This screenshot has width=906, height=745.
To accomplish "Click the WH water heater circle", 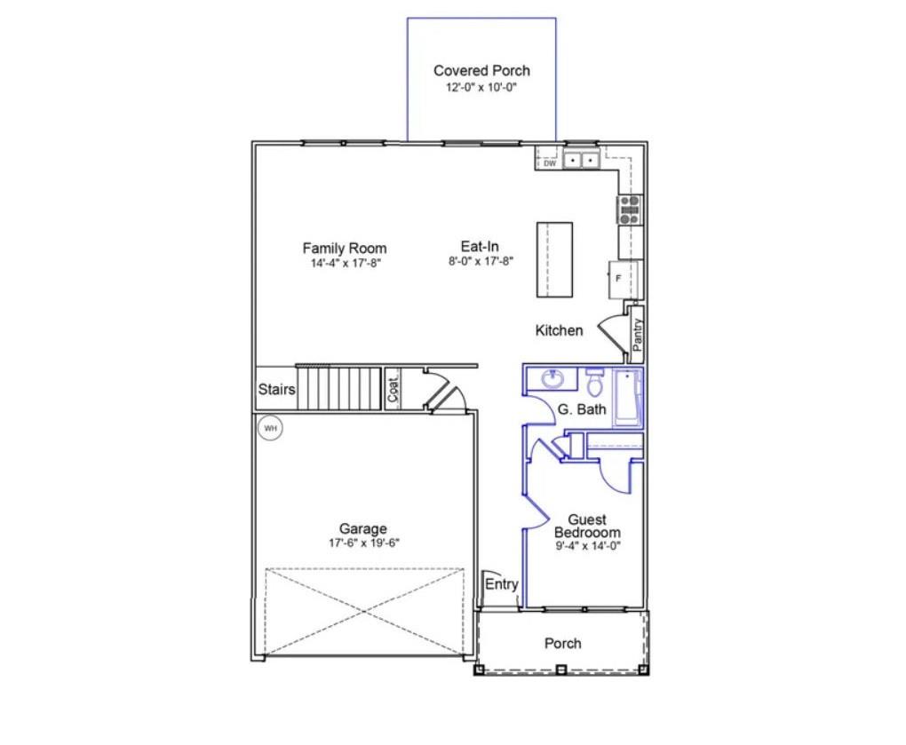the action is click(270, 428).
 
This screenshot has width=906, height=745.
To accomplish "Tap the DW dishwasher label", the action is click(550, 163).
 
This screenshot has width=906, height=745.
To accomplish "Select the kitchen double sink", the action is click(581, 159).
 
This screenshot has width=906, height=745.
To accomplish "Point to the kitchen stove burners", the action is click(630, 210).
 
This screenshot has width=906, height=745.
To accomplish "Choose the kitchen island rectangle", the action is click(554, 260).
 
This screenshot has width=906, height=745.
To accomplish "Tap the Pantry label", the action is click(638, 335).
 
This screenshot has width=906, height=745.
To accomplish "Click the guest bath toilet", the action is click(594, 381).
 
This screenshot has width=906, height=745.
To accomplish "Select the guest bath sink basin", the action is click(553, 379).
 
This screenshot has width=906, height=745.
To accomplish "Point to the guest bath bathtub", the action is click(627, 398).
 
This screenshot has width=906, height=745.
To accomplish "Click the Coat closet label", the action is click(393, 389).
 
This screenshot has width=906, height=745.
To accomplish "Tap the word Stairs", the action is click(276, 389).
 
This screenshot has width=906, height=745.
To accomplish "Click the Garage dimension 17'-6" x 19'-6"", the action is click(364, 543).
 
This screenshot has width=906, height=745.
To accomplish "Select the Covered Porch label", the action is click(482, 70).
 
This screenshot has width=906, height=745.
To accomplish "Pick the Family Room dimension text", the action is click(346, 264).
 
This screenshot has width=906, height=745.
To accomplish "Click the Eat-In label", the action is click(480, 246).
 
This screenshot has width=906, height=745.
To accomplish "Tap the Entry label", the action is click(502, 584).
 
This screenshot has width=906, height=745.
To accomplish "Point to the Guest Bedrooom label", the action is click(587, 527).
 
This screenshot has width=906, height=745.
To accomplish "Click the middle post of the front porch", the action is click(560, 670).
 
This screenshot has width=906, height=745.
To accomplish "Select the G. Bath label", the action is click(582, 409).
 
